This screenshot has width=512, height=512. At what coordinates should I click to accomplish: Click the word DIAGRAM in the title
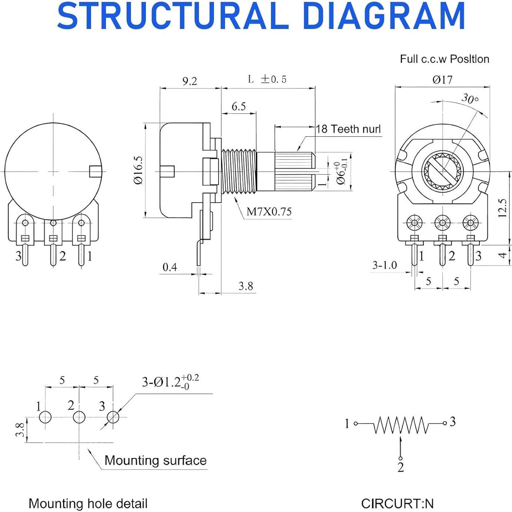point(383,16)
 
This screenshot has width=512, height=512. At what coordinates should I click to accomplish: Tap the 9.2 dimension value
point(190,81)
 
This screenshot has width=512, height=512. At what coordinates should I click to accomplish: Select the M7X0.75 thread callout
point(269,212)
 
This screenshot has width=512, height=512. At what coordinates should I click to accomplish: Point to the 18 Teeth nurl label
point(348,129)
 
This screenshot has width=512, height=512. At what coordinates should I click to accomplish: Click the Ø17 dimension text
point(442,80)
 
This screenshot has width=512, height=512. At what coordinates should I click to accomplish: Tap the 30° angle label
point(470,99)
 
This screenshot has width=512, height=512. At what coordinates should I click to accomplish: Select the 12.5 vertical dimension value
point(502,208)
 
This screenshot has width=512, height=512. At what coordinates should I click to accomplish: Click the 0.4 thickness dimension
point(170,267)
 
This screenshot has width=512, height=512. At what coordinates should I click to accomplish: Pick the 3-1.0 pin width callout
point(384,265)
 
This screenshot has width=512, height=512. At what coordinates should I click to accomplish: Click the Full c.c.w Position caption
point(444,59)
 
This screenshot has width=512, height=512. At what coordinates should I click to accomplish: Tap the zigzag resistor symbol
point(401,425)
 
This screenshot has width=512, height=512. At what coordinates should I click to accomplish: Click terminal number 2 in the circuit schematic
point(401,468)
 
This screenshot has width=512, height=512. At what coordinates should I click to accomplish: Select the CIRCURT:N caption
point(397,503)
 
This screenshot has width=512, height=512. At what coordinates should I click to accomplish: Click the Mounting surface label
point(155,461)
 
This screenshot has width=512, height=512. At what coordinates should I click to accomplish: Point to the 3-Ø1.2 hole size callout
point(170,382)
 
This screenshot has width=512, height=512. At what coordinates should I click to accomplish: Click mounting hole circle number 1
point(45,417)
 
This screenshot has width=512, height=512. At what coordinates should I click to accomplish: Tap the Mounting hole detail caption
point(88,503)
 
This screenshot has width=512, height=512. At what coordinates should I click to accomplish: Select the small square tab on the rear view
point(95,171)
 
